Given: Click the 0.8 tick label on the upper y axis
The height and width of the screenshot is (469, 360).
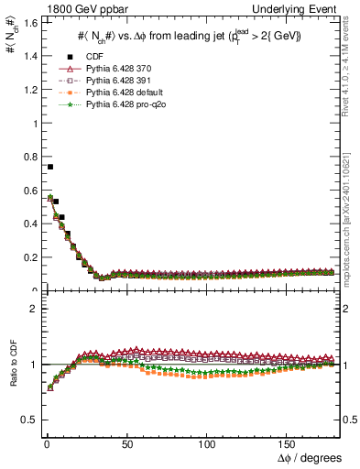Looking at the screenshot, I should [x=28, y=156].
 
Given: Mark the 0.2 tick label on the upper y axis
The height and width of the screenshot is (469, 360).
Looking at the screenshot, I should [x=28, y=257].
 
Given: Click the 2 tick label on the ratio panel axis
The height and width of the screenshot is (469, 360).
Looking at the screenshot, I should [x=32, y=309].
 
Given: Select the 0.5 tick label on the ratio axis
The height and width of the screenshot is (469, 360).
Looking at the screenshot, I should [x=28, y=420].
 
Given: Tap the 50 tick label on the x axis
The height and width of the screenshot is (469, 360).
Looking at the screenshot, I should [x=126, y=444].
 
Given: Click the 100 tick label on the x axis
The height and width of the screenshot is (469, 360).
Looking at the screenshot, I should [x=206, y=444].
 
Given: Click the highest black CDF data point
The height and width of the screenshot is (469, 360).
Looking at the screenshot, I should [x=50, y=167].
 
